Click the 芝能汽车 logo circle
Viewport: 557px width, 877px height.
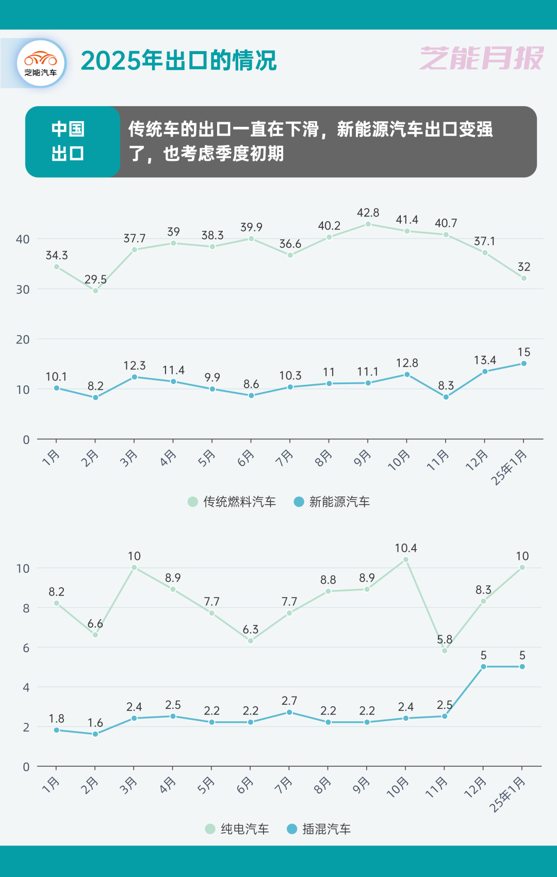pyautogui.click(x=41, y=63)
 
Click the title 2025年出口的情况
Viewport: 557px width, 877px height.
pyautogui.click(x=178, y=61)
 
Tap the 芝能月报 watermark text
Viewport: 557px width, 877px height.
pyautogui.click(x=482, y=58)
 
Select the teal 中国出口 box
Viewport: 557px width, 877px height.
pyautogui.click(x=69, y=142)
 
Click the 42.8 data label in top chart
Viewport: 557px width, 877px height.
pyautogui.click(x=368, y=213)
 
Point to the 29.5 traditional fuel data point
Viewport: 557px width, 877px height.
pyautogui.click(x=95, y=291)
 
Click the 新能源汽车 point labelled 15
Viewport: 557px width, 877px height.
pyautogui.click(x=523, y=363)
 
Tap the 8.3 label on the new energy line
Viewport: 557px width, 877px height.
pyautogui.click(x=446, y=386)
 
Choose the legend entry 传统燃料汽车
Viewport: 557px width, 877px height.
pyautogui.click(x=232, y=502)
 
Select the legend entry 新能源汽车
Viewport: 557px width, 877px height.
pyautogui.click(x=332, y=502)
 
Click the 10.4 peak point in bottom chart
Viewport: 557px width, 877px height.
pyautogui.click(x=406, y=559)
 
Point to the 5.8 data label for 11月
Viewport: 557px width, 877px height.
pyautogui.click(x=445, y=639)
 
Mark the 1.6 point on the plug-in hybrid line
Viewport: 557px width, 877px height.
pyautogui.click(x=95, y=734)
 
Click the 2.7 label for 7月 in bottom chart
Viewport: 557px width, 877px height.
pyautogui.click(x=289, y=701)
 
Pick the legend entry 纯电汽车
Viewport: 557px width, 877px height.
pyautogui.click(x=237, y=829)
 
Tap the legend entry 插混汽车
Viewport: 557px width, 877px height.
pyautogui.click(x=319, y=829)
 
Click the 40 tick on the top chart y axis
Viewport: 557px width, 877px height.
pyautogui.click(x=23, y=239)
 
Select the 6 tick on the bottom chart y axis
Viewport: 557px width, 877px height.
pyautogui.click(x=26, y=648)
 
